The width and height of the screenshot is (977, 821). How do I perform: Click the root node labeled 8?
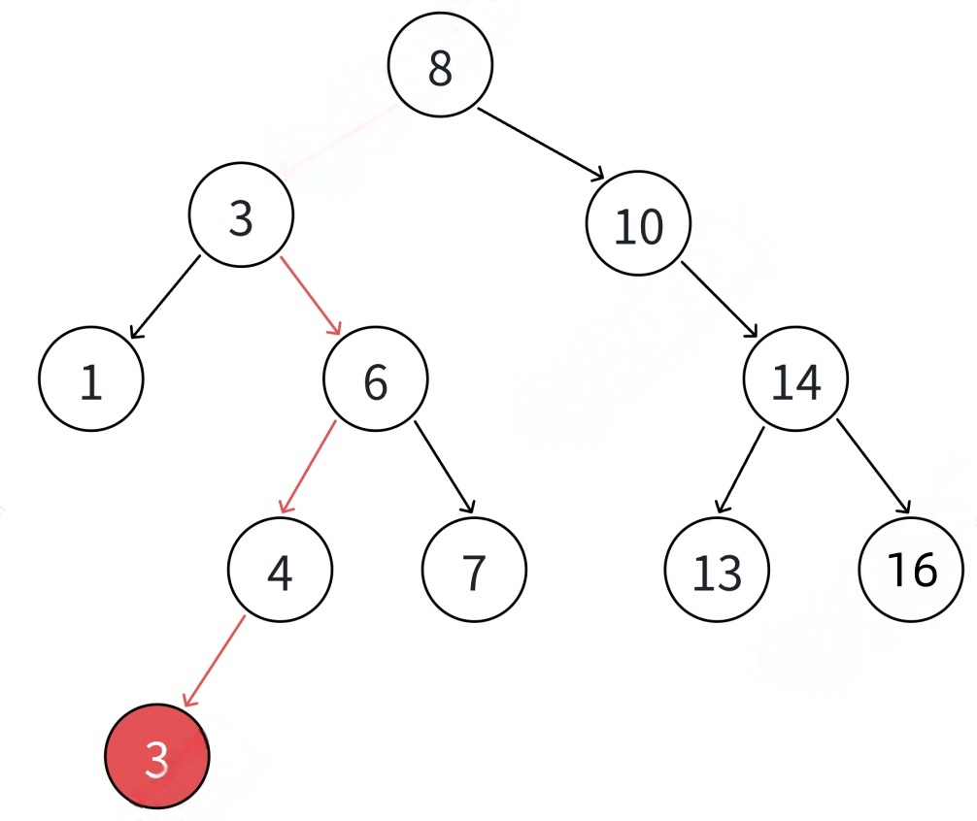pyautogui.click(x=440, y=65)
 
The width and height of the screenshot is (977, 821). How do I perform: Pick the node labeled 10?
pyautogui.click(x=638, y=224)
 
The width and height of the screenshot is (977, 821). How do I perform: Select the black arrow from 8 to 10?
pyautogui.click(x=541, y=144)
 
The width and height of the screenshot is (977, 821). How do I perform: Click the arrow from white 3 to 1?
pyautogui.click(x=165, y=297)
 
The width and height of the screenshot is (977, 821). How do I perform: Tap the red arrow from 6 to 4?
pyautogui.click(x=308, y=467)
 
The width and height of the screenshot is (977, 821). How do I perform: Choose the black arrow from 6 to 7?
pyautogui.click(x=445, y=467)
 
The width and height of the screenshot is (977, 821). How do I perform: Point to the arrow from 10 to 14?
pyautogui.click(x=720, y=300)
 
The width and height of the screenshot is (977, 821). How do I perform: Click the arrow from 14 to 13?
pyautogui.click(x=740, y=469)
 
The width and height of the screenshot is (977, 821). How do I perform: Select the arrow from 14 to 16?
pyautogui.click(x=873, y=467)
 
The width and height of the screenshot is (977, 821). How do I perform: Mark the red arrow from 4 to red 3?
pyautogui.click(x=214, y=659)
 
